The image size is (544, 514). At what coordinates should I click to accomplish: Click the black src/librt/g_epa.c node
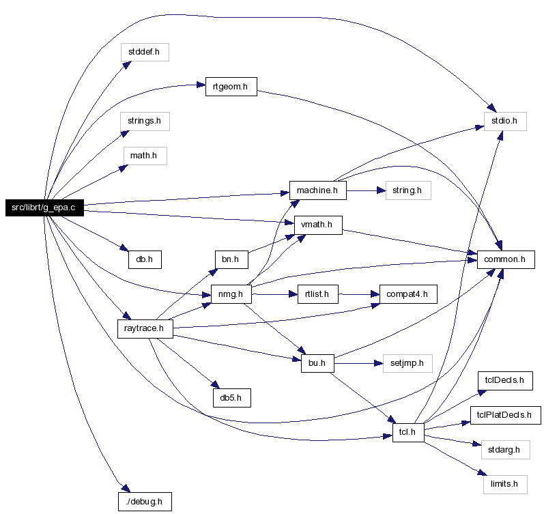[44, 208]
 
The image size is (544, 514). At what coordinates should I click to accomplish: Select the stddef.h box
[145, 52]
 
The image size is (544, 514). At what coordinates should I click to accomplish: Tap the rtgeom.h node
[231, 87]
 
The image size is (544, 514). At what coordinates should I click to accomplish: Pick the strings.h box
[145, 121]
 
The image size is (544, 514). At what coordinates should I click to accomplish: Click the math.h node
[145, 156]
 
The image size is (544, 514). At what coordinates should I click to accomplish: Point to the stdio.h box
[505, 121]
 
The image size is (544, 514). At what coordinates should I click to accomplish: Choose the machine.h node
[318, 190]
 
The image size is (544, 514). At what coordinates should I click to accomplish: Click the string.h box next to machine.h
[408, 190]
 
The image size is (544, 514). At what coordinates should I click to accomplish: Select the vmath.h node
[318, 225]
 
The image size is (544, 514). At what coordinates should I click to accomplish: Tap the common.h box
[506, 259]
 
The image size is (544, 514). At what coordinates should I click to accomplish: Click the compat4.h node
[408, 294]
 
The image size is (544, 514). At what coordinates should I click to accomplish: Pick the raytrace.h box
[145, 328]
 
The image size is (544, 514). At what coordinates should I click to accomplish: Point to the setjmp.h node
[407, 363]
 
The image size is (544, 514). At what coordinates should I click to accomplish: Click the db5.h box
[232, 398]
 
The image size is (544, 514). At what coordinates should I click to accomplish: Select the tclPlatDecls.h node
[506, 415]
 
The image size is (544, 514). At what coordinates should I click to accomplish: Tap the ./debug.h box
[145, 502]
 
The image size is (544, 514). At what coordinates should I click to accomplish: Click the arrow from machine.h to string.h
[366, 190]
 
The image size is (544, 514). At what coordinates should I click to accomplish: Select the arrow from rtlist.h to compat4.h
[359, 294]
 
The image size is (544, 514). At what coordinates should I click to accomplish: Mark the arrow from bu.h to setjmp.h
[358, 363]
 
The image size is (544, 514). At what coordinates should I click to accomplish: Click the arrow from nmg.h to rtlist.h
[274, 294]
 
